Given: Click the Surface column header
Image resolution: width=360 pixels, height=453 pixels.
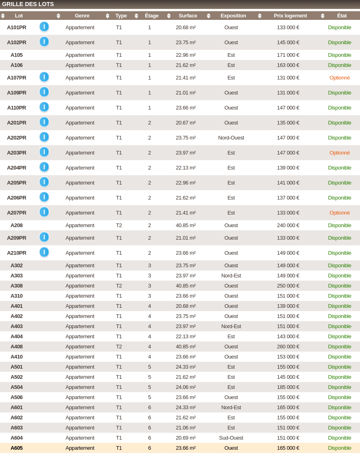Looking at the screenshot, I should (188, 16).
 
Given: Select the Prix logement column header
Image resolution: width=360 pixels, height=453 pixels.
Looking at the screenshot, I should (290, 16).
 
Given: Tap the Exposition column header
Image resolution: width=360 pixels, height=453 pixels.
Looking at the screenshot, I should (233, 16).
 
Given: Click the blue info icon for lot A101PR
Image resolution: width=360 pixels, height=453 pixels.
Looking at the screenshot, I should (44, 27).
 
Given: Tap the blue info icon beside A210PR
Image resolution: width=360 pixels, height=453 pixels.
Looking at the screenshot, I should (44, 252).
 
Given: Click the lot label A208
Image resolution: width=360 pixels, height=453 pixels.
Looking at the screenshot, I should (17, 225).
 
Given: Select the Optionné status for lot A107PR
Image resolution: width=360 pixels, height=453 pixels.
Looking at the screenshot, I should (339, 77).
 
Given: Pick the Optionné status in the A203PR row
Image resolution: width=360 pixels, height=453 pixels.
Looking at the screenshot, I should (339, 152).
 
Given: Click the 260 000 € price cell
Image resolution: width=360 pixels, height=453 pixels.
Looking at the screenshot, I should (288, 346).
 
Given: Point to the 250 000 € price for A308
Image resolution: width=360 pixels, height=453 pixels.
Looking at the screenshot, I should (288, 286).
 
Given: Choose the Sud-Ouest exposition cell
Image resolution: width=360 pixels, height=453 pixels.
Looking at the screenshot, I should (231, 438).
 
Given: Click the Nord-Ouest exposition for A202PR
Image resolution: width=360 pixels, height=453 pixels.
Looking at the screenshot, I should (231, 137).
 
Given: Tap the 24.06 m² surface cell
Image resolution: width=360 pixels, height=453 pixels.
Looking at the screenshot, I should (185, 387).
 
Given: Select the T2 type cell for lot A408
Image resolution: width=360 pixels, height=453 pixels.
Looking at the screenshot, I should (119, 346).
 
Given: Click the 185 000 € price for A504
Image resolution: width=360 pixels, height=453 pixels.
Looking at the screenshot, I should (288, 387).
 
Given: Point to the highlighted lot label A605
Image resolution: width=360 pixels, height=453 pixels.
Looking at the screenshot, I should (17, 448).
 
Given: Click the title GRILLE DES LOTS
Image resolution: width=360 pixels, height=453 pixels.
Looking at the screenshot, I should (28, 4).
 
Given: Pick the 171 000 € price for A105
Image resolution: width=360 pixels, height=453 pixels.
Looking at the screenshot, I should (288, 55).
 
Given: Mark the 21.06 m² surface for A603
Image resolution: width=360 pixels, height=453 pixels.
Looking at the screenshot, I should (185, 427).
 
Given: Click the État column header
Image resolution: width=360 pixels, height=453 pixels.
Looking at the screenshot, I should (342, 16).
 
